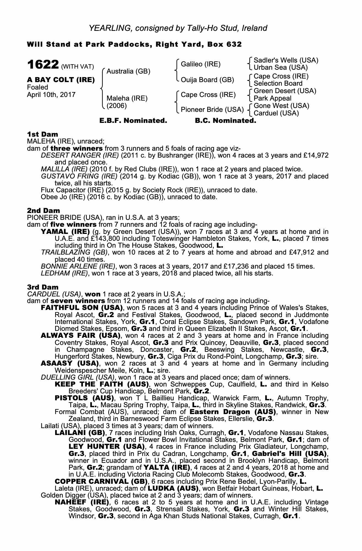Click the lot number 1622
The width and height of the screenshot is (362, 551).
coord(42,65)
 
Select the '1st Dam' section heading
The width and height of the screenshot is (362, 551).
coord(42,134)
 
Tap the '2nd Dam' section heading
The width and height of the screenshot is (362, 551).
coord(43,211)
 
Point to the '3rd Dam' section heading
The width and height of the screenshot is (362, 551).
coord(43,287)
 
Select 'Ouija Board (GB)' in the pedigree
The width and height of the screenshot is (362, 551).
coord(207,80)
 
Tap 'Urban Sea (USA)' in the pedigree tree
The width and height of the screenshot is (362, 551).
coord(280,67)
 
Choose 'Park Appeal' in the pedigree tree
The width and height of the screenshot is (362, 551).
coord(272,98)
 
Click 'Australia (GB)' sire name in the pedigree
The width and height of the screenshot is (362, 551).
coord(128,72)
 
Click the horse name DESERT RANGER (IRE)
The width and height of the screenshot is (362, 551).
coord(80,155)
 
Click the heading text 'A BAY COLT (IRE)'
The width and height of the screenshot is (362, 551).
coord(61,80)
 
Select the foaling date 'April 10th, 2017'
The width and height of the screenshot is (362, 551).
coord(51,94)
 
